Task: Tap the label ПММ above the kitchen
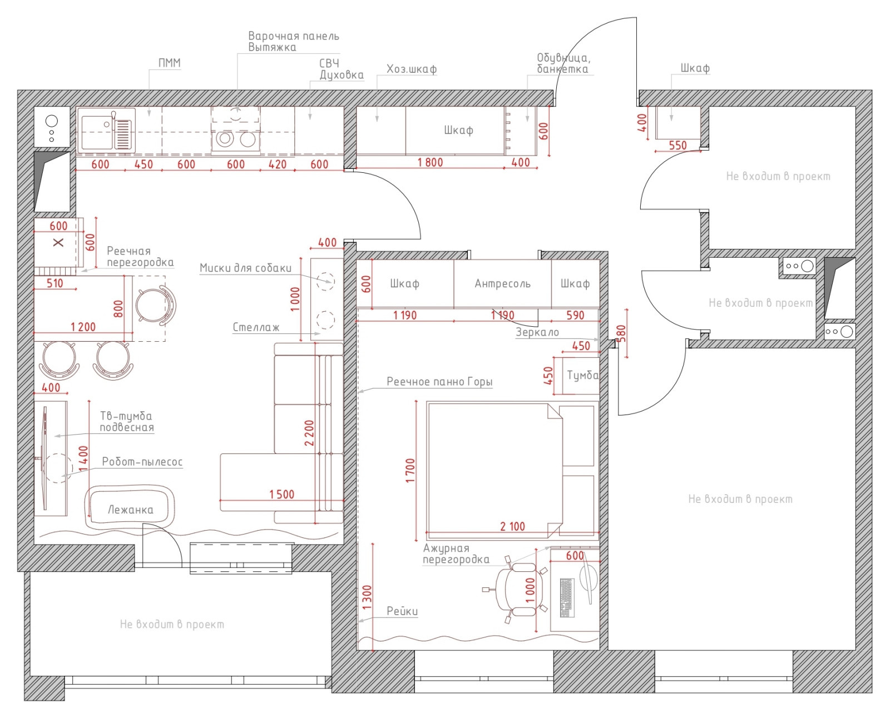(x=169, y=63)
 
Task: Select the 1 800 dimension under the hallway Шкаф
(x=430, y=162)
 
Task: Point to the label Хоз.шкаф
(x=412, y=69)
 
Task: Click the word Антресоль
(x=502, y=284)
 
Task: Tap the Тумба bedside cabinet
(x=581, y=375)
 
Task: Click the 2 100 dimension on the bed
(x=512, y=526)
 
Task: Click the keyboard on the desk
(x=567, y=597)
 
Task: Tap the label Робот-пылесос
(x=142, y=462)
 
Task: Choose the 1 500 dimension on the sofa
(x=281, y=494)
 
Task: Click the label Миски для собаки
(x=245, y=268)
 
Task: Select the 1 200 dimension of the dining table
(x=83, y=327)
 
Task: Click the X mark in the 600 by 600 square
(x=58, y=242)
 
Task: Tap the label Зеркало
(x=537, y=332)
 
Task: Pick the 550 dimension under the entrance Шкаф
(x=678, y=145)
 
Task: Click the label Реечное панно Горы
(x=439, y=382)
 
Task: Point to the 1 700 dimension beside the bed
(x=411, y=471)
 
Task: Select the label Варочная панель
(x=293, y=36)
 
